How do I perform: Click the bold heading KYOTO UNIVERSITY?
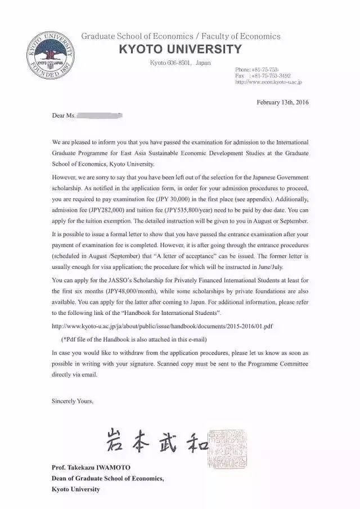coord(180,49)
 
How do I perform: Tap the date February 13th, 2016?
coord(282,102)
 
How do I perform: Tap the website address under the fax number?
coord(269,82)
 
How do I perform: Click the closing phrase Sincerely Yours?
coord(73,401)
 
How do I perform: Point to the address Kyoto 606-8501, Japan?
coord(180,62)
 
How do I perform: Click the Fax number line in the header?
coord(263,75)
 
